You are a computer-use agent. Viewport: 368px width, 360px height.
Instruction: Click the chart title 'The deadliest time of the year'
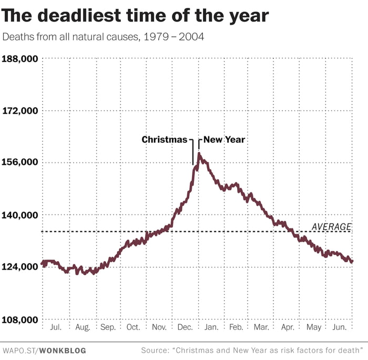point(135,16)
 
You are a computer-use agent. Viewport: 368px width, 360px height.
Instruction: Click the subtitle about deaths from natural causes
point(103,38)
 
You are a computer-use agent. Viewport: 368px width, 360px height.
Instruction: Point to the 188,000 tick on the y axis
point(20,58)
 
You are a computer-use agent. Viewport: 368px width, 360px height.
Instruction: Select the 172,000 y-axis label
point(20,111)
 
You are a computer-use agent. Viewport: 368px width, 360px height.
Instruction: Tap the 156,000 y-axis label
point(20,162)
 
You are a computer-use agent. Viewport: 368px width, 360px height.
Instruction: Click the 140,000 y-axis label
point(20,215)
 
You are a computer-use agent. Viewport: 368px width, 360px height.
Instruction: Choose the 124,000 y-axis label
point(20,267)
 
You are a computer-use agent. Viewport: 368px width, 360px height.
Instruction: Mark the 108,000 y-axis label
point(20,320)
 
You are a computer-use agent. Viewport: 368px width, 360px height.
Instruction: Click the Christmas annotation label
point(164,140)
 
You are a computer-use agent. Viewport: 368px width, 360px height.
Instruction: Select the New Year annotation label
point(224,140)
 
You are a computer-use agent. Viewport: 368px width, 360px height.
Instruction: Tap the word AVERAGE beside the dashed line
point(331,227)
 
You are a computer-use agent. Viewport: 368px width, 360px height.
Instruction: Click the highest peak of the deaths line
point(199,153)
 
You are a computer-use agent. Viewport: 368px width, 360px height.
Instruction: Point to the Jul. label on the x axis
point(56,327)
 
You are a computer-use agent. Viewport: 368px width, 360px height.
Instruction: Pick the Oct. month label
point(133,327)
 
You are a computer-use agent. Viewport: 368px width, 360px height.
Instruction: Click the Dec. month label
point(185,327)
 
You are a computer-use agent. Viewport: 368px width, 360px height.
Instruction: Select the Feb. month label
point(236,327)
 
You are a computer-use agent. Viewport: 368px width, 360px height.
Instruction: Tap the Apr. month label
point(288,327)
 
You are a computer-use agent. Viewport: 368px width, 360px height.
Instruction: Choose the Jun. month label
point(339,327)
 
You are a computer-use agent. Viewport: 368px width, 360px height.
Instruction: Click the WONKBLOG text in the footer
point(64,350)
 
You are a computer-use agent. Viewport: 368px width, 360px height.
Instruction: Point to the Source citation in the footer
point(252,350)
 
